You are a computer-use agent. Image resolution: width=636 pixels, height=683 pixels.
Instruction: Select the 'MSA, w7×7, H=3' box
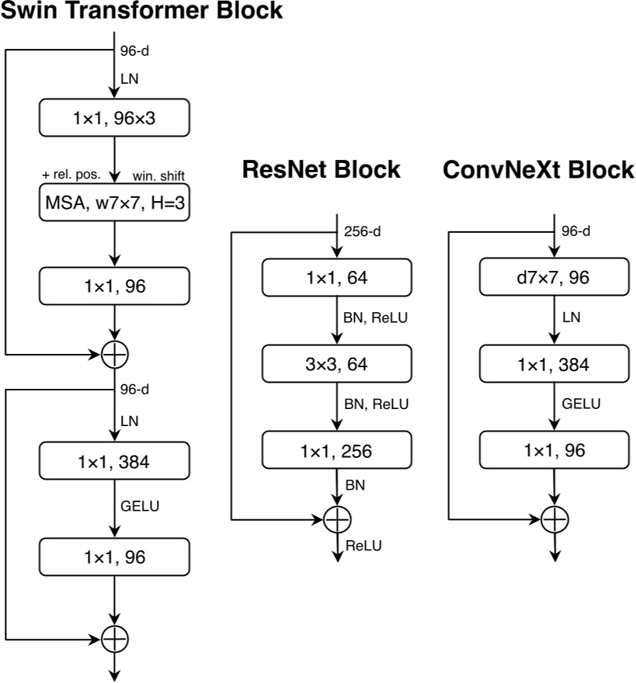pyautogui.click(x=114, y=203)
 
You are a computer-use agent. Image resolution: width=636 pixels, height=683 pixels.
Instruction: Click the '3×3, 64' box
pyautogui.click(x=335, y=364)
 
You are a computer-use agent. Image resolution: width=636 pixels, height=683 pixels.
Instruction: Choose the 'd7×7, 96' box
pyautogui.click(x=554, y=277)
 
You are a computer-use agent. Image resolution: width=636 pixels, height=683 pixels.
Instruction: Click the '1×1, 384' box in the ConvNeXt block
pyautogui.click(x=554, y=364)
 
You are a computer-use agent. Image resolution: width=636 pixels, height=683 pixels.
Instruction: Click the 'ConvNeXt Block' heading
pyautogui.click(x=539, y=169)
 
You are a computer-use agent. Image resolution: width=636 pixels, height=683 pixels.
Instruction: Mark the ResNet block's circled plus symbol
pyautogui.click(x=336, y=518)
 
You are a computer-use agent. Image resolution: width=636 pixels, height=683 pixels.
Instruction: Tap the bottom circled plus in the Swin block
pyautogui.click(x=115, y=638)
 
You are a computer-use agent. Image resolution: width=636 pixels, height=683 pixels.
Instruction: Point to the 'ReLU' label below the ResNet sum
pyautogui.click(x=363, y=546)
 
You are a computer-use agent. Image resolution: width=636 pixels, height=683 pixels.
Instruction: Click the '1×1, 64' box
pyautogui.click(x=335, y=277)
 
